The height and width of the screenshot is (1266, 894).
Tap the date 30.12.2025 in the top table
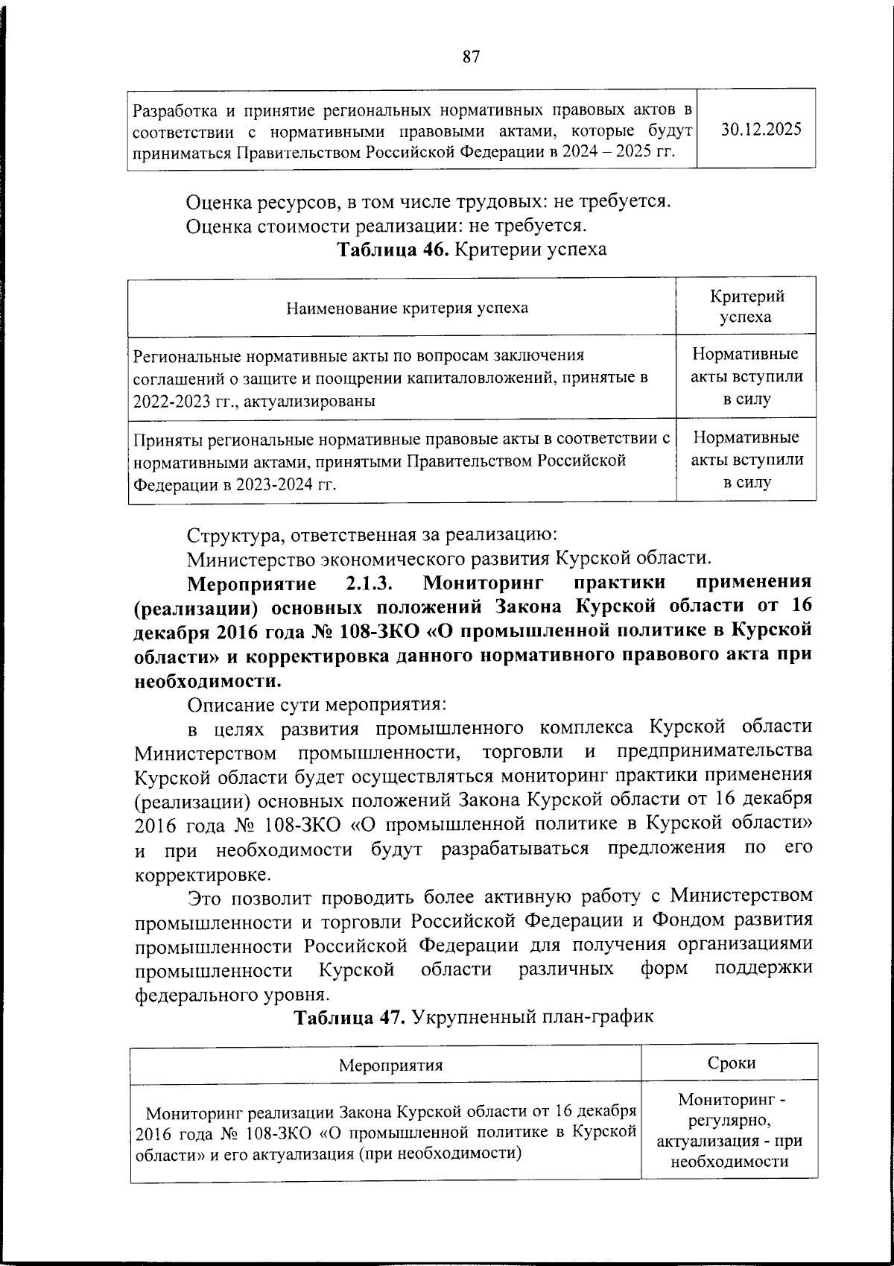pos(761,128)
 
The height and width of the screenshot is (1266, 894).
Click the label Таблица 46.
pos(393,249)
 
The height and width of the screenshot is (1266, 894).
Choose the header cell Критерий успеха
pos(746,306)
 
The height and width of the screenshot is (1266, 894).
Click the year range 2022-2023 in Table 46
pos(169,401)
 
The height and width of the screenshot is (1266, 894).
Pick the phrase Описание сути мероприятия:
pos(317,704)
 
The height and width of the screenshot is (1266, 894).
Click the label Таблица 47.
pos(349,1017)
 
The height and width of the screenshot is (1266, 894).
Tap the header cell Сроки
pos(732,1063)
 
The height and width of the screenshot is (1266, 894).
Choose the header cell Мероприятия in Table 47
pos(390,1065)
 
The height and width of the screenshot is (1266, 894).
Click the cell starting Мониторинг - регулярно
pos(729,1130)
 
